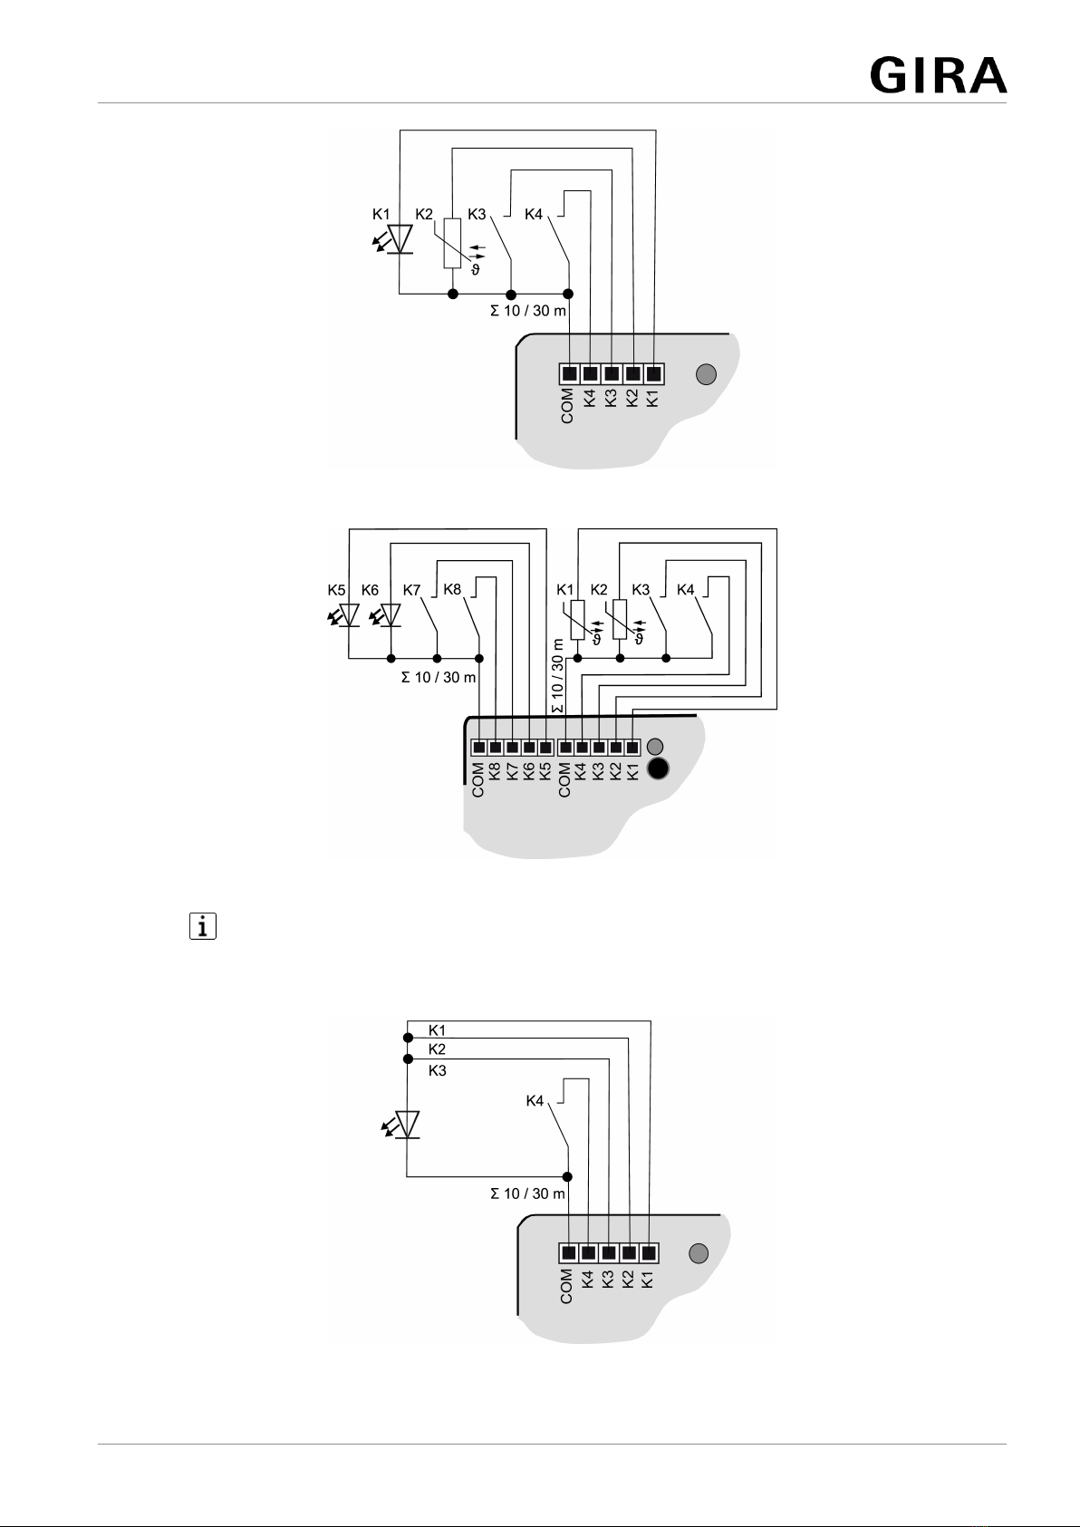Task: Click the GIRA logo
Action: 939,75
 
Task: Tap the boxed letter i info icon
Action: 202,926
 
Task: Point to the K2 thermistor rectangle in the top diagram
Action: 452,244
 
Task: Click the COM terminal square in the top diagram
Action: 569,373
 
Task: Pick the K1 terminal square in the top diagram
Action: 653,373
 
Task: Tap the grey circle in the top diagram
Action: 706,374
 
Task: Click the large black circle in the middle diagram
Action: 658,768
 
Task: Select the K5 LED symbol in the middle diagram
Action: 345,615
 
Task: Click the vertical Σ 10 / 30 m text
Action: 557,675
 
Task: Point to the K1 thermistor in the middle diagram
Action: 578,620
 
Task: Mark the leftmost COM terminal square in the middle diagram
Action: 479,747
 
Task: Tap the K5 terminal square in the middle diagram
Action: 545,747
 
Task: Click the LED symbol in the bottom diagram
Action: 402,1125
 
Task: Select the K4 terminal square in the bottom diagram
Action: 588,1253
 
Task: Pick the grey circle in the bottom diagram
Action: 699,1253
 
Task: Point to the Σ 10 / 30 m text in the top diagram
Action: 528,311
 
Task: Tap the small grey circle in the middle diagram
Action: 655,747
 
